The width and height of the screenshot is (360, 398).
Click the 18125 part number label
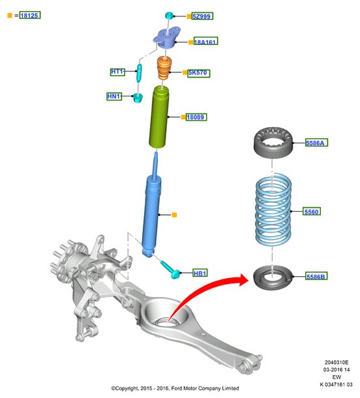coord(30,15)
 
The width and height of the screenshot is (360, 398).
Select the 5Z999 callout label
coord(202,16)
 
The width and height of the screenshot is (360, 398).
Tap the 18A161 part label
coord(206,41)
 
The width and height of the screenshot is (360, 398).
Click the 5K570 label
coord(199,73)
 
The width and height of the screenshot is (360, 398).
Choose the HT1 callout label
coord(117,72)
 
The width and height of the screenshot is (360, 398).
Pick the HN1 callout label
coord(114,96)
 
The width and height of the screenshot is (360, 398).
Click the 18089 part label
coord(196,117)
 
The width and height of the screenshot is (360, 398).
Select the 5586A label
coord(316,143)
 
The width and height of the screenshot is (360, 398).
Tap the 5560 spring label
coord(312,211)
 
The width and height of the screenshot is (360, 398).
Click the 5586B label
coord(316,276)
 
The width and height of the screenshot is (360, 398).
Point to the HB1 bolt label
coord(200,273)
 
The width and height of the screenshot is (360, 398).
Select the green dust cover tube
coord(158,117)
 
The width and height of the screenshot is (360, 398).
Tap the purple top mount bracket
coord(167,38)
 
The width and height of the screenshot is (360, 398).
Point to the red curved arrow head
coord(242,279)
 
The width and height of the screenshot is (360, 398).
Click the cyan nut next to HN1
coord(138,98)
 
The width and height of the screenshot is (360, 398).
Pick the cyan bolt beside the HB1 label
coord(171,270)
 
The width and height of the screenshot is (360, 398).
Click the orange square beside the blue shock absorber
coord(174,215)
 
